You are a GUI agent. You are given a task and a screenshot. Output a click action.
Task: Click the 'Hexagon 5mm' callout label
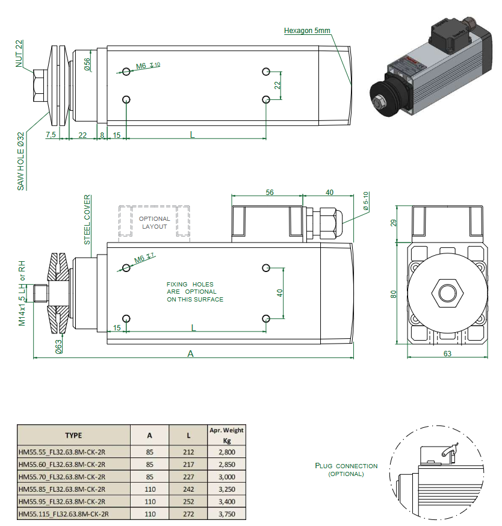point(307,31)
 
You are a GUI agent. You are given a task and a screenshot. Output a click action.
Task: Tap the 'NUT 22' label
point(19,53)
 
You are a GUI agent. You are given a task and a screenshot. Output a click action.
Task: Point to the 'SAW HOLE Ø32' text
point(20,161)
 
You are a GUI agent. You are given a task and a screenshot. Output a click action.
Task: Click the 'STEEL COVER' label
point(87,219)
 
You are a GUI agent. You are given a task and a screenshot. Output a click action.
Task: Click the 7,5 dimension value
point(51,134)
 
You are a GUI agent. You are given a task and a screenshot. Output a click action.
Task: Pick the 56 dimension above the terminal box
point(269,193)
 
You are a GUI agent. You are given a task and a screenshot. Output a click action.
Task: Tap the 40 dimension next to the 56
point(329,193)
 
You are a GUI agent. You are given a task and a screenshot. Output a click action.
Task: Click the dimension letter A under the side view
point(191,354)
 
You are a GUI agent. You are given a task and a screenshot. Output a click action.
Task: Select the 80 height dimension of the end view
point(393,294)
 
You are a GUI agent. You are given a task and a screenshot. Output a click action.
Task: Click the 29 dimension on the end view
point(393,223)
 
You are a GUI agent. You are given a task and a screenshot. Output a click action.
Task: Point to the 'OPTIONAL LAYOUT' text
point(155,223)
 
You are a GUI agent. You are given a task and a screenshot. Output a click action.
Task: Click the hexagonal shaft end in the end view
point(447,294)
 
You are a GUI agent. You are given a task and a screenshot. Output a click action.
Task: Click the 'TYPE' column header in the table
point(73,435)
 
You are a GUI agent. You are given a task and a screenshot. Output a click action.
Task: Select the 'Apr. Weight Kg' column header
point(226,435)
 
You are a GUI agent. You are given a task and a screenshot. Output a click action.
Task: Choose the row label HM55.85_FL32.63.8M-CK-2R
point(63,489)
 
